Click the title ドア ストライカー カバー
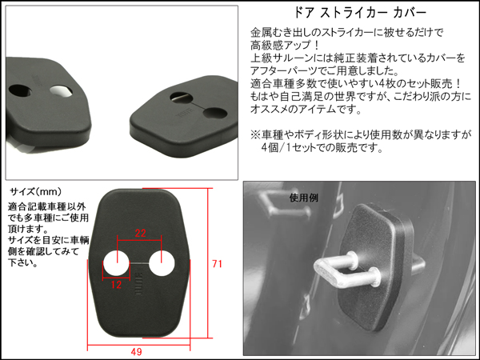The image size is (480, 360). pos(360,13)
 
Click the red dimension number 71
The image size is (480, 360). pos(217,264)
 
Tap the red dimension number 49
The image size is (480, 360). pos(136,352)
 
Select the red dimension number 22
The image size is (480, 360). pos(140,234)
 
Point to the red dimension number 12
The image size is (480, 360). pos(116,285)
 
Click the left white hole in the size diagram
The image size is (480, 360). pos(116,263)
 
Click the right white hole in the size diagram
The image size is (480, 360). pos(162,263)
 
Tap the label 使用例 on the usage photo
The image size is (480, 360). pos(304,198)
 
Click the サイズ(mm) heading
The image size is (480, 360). pos(36,192)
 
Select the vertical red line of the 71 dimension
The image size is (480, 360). pos(208,263)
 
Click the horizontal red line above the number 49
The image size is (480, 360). pos(138,345)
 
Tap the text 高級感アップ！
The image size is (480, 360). pos(286,46)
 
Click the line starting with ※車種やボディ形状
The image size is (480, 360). pos(361,134)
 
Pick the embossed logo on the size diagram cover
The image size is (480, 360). pos(139,284)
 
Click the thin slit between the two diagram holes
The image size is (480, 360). pos(139,263)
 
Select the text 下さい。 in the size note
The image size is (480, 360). pos(22,262)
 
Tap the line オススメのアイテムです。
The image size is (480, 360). pos(306,110)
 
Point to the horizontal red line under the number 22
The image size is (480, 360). pos(139,240)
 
